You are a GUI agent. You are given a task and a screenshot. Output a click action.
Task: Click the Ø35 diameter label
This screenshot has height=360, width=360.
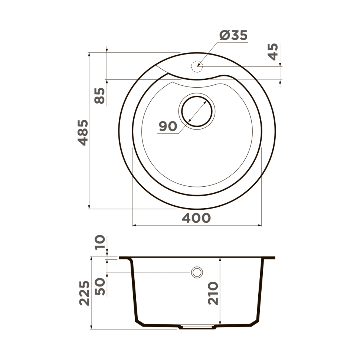click(x=233, y=35)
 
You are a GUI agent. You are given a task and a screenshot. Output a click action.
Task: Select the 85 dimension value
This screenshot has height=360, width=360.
click(x=99, y=95)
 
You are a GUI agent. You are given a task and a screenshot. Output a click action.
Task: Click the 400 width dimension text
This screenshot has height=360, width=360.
click(x=196, y=218)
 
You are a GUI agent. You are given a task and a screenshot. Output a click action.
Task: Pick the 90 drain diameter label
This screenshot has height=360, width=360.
click(x=168, y=126)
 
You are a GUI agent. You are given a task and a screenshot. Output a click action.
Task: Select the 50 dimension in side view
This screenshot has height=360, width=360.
click(x=100, y=286)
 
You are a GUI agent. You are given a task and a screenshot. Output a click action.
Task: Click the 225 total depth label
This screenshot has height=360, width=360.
click(x=85, y=293)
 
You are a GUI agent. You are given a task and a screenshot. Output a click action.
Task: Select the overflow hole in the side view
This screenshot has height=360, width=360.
click(x=197, y=272)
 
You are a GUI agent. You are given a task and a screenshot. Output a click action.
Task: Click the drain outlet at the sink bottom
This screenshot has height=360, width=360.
click(x=197, y=327)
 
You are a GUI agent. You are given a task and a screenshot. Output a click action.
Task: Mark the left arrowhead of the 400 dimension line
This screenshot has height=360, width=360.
click(x=135, y=225)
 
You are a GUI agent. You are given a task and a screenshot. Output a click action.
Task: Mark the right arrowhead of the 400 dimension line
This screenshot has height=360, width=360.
click(x=260, y=225)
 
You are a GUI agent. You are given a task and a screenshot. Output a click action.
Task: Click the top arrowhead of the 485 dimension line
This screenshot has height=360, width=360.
click(x=89, y=55)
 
